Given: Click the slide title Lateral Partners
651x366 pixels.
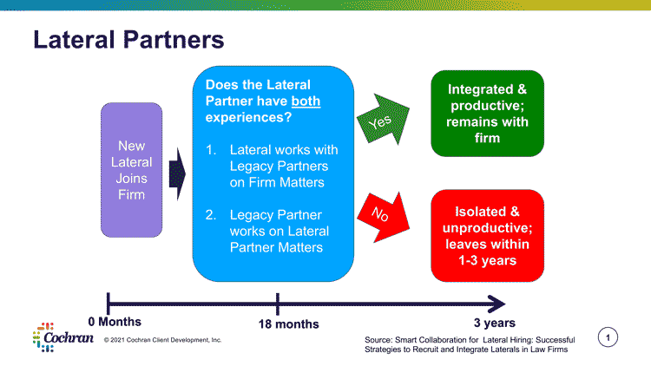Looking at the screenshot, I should point(128,40).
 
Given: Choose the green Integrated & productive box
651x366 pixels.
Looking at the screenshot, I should point(487,114).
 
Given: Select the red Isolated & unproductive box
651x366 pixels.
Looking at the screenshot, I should point(487,235).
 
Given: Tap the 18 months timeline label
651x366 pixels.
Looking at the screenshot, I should point(289,324).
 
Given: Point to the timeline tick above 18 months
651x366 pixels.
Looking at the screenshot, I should point(278,303).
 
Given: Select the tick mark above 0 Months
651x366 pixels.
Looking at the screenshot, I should point(107,303).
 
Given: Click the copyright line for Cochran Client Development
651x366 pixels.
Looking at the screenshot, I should point(162,339).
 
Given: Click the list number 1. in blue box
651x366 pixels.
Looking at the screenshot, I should point(211,150).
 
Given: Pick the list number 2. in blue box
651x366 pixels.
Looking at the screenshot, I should point(211,214).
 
